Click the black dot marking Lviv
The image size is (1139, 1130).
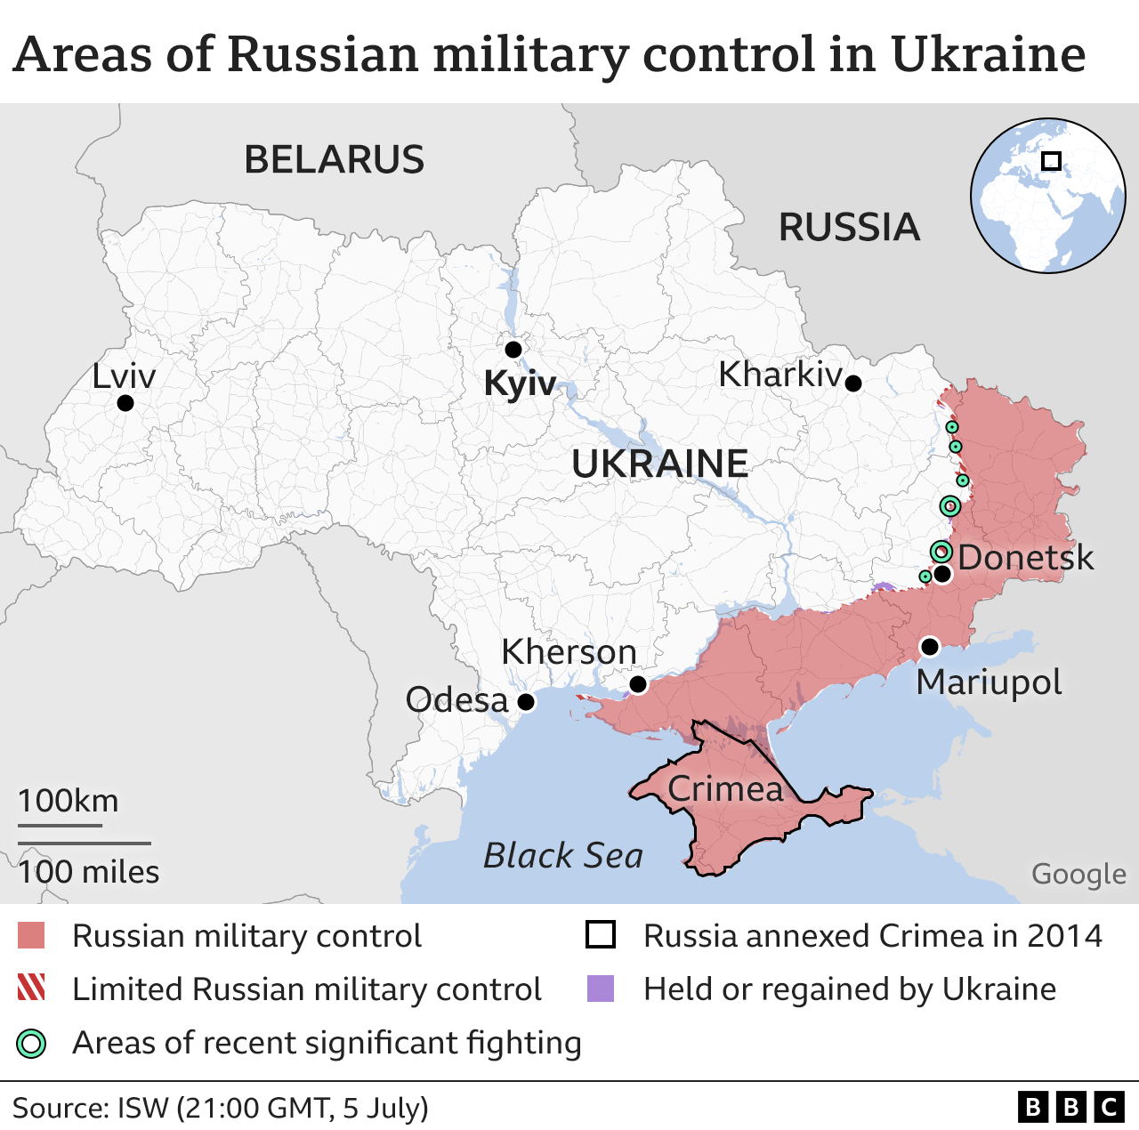click(125, 403)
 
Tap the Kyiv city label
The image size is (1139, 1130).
click(520, 383)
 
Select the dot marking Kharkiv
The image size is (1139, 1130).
click(852, 383)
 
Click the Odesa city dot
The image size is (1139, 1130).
click(526, 702)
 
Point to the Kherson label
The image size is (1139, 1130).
click(569, 652)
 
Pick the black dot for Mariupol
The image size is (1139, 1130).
click(929, 646)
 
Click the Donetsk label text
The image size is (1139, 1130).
click(1025, 558)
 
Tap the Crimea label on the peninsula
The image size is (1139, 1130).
click(725, 788)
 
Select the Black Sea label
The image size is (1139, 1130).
click(562, 856)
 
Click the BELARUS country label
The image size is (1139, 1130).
click(335, 160)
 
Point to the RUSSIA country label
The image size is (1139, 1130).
click(849, 228)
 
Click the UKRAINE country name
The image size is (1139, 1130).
click(660, 464)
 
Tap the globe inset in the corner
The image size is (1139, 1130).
click(1047, 195)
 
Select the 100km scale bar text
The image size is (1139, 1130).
click(69, 801)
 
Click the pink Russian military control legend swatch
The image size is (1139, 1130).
click(31, 936)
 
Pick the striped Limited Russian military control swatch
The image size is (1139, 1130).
click(31, 988)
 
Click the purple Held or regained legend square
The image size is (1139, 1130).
click(601, 989)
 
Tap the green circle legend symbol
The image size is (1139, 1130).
click(31, 1043)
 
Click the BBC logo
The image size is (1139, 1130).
click(1071, 1107)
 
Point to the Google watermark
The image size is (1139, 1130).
click(1078, 875)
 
